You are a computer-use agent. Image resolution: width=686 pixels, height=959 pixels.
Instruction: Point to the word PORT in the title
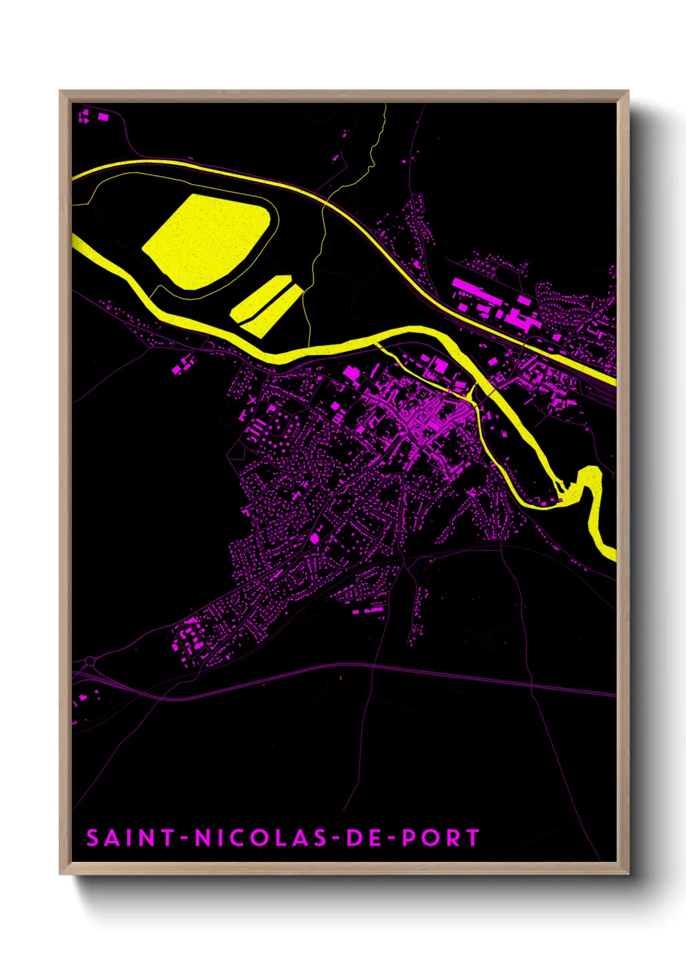click(441, 838)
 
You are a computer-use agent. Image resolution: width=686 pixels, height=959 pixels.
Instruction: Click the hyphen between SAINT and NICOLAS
click(185, 838)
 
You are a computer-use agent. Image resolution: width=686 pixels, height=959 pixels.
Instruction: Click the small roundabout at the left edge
click(89, 662)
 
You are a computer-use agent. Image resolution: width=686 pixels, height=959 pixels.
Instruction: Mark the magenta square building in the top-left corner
click(103, 117)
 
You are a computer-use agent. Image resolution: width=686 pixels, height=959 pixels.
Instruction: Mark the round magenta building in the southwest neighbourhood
click(315, 538)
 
